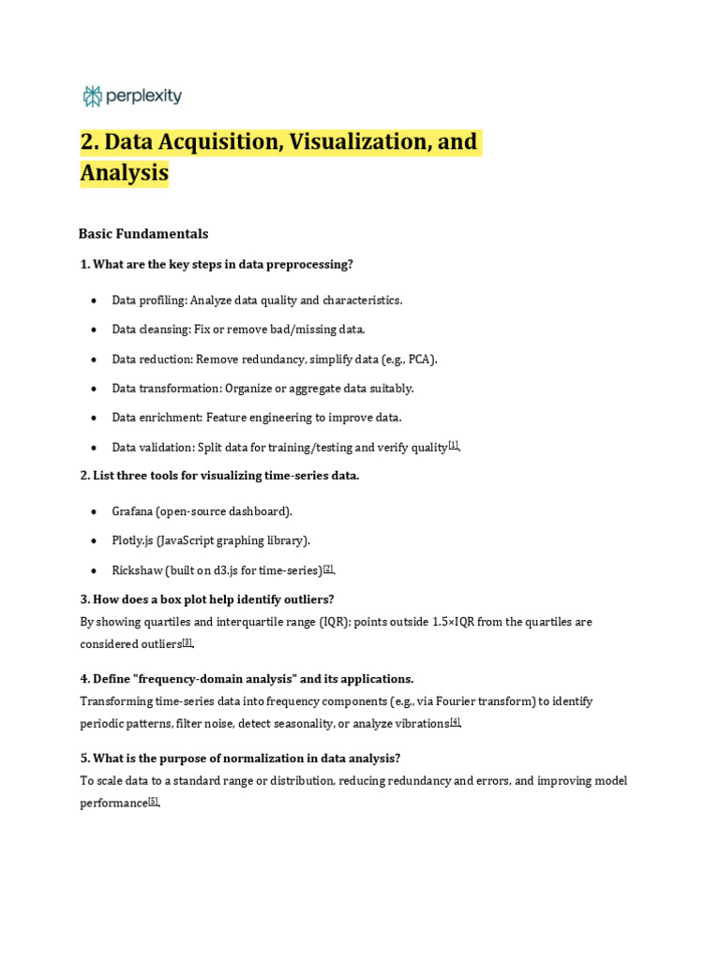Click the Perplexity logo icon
[x=92, y=96]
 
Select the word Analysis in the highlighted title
[x=124, y=173]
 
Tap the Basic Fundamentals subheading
[x=143, y=233]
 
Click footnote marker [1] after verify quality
[x=454, y=446]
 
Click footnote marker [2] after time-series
[x=328, y=569]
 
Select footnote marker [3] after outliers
[x=187, y=642]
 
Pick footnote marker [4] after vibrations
[x=455, y=722]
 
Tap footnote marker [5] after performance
[x=154, y=802]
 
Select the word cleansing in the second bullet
[x=165, y=330]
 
